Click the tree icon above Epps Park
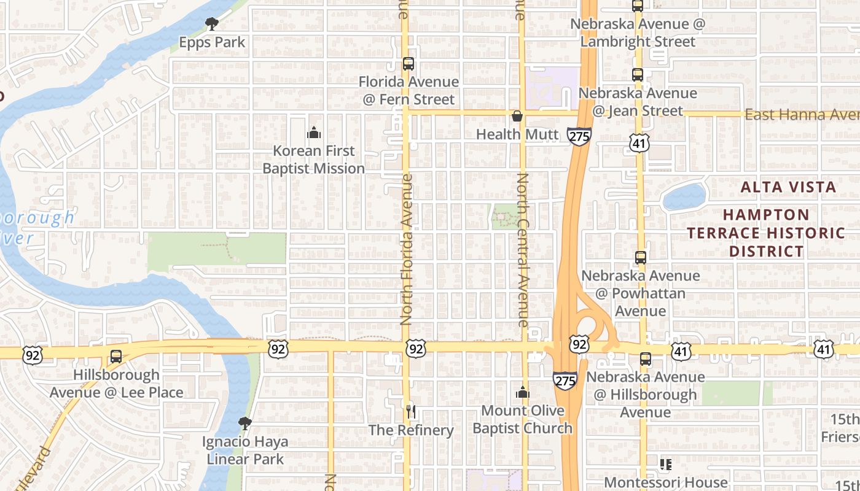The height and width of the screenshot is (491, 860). tap(212, 24)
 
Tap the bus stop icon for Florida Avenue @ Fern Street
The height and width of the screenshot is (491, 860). tap(408, 64)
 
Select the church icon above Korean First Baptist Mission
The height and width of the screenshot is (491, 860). tap(314, 133)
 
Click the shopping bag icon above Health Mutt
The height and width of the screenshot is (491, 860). tap(517, 116)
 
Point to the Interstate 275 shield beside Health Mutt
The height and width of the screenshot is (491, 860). tap(580, 136)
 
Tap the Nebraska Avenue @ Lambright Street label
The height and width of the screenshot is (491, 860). tap(638, 33)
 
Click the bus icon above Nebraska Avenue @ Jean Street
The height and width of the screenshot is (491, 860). tap(638, 75)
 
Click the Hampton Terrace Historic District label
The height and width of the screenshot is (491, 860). tap(766, 233)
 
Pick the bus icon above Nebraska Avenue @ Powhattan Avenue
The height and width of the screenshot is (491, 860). tap(641, 258)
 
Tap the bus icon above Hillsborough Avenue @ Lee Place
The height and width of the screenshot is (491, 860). tap(115, 357)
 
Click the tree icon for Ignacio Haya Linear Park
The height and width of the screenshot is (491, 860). tap(244, 423)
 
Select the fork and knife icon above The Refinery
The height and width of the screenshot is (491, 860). tap(411, 412)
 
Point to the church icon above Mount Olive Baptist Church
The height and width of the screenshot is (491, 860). tap(523, 392)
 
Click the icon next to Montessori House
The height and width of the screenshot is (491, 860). tap(666, 465)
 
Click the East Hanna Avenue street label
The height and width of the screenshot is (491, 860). tap(802, 115)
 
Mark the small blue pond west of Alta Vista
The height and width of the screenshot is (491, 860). tap(684, 197)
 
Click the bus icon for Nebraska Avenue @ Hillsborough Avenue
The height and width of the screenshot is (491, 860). tap(645, 359)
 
